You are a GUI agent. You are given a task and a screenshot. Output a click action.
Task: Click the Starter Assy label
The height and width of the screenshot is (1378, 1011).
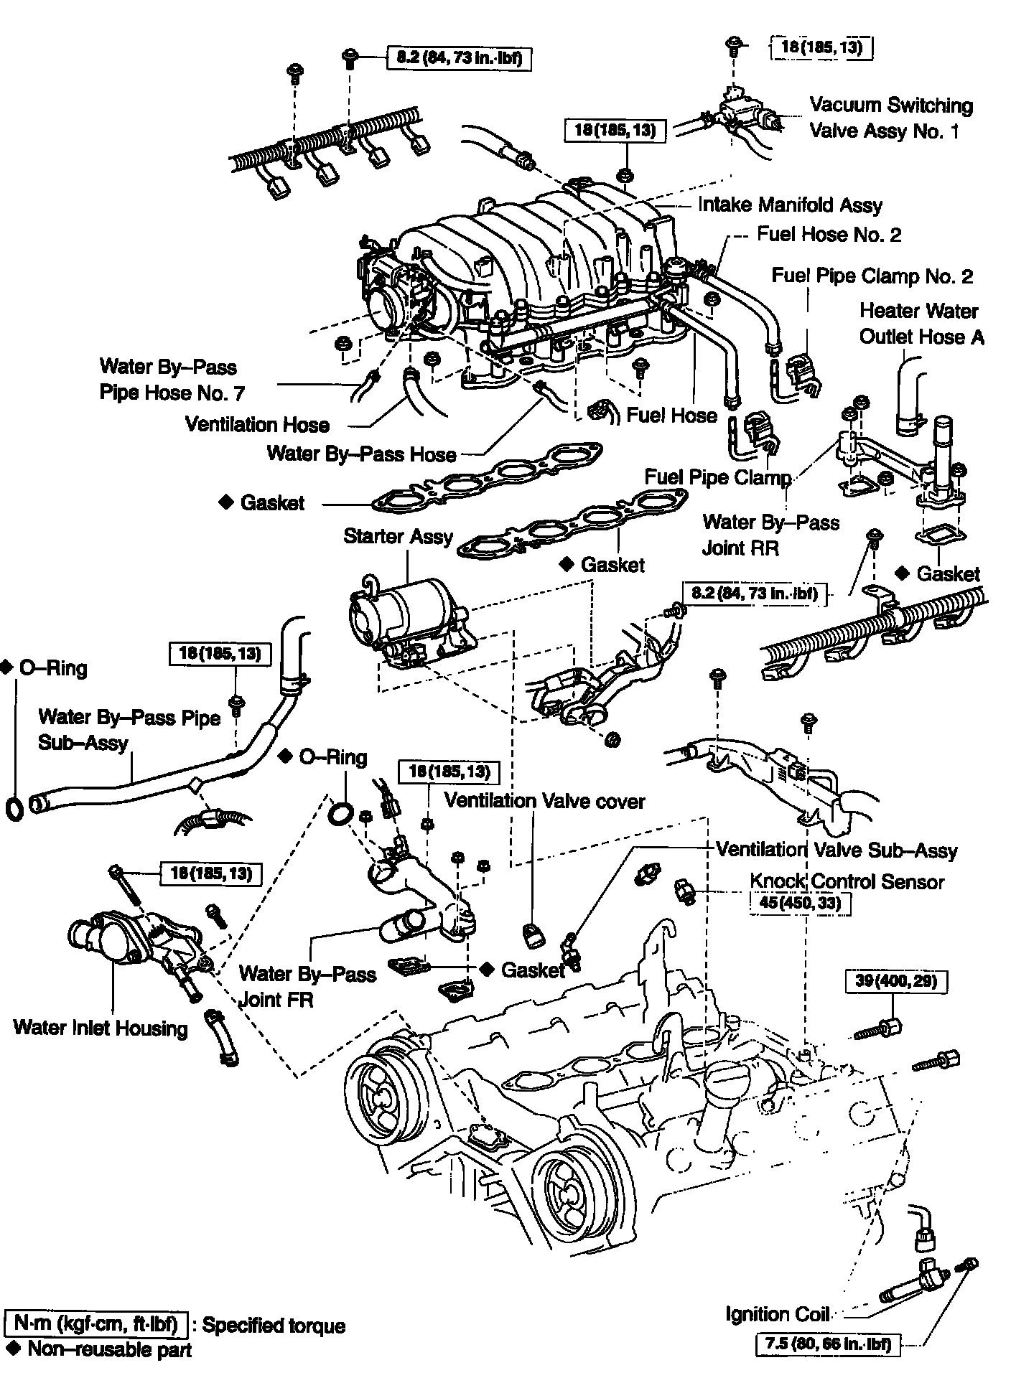coord(398,537)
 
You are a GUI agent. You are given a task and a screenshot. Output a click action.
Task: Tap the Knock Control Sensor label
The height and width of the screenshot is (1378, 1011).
coord(847,881)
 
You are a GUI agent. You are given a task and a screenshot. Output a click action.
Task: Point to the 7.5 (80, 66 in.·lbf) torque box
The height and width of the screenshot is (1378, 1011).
coord(829,1344)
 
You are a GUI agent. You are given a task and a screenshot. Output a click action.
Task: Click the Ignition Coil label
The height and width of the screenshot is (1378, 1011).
coord(777,1314)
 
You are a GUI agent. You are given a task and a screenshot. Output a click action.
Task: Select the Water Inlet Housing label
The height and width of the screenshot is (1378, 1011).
coord(100,1028)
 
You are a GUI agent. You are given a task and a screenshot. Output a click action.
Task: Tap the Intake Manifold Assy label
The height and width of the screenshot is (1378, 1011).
coord(790,205)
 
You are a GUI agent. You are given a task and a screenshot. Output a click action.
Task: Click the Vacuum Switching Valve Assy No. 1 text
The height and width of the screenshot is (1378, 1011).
coord(890,118)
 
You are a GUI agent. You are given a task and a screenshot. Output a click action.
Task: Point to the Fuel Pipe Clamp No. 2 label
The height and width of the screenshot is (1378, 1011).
coord(872,276)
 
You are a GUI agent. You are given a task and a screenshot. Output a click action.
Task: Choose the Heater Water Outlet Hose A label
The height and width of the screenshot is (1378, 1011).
coord(921,324)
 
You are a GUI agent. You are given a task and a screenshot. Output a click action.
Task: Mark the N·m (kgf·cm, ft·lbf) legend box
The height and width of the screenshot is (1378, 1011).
coord(95,1322)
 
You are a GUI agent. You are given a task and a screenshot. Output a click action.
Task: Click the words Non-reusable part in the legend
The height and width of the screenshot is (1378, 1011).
coord(109,1349)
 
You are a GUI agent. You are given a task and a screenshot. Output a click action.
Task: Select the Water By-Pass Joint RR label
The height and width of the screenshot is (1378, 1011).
coord(770,535)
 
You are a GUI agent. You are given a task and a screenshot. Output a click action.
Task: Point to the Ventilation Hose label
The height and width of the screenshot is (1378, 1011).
coord(257,424)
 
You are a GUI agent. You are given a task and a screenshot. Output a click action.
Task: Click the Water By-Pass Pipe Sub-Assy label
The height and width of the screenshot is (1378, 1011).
coord(129,728)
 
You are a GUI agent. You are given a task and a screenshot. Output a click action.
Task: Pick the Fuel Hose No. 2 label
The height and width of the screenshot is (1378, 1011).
coord(829,235)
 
